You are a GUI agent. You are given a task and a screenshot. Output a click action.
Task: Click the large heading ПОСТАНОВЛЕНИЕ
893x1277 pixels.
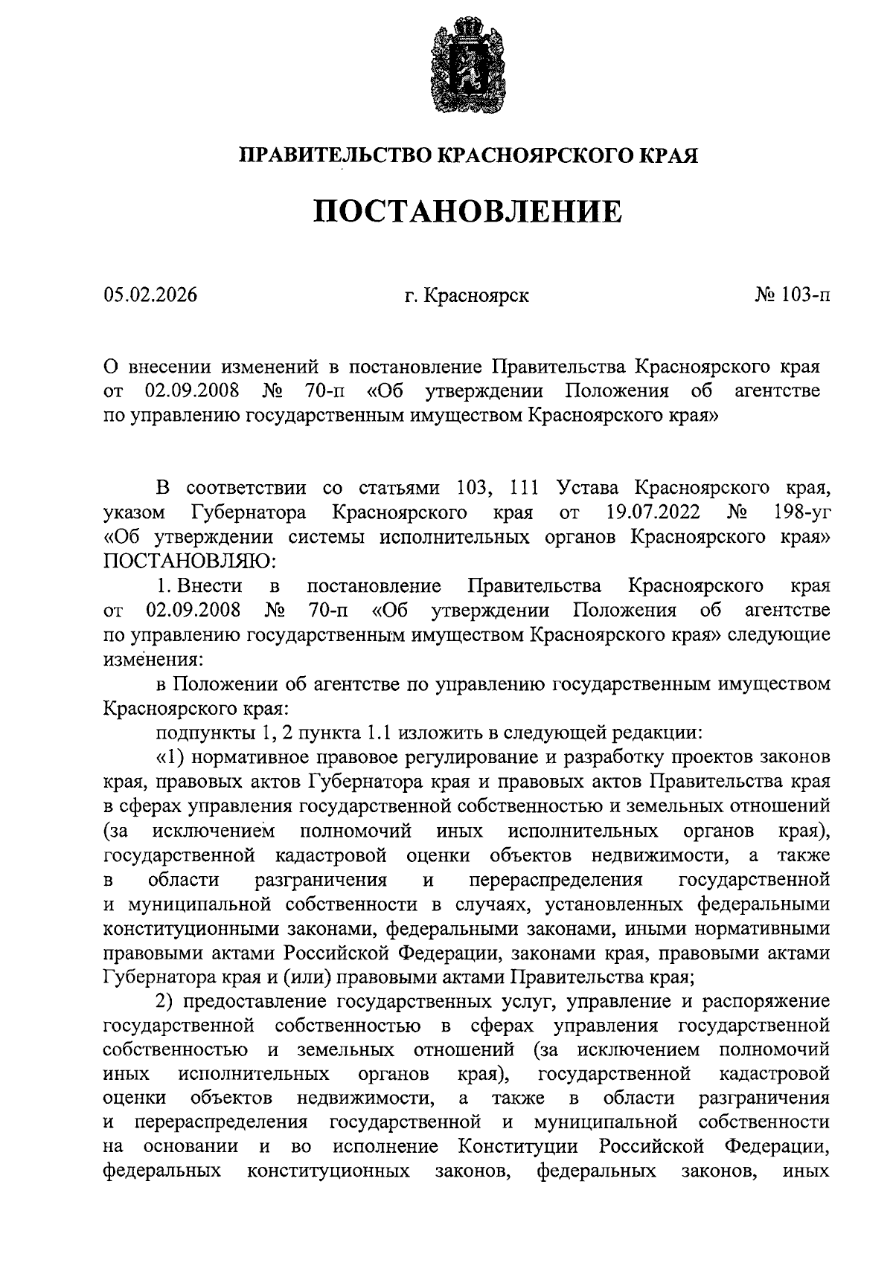467,211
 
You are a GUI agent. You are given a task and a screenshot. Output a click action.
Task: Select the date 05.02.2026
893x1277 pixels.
150,296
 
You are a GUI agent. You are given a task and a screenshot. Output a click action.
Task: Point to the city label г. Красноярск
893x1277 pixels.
467,296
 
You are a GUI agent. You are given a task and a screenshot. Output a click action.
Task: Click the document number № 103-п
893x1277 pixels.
793,296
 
